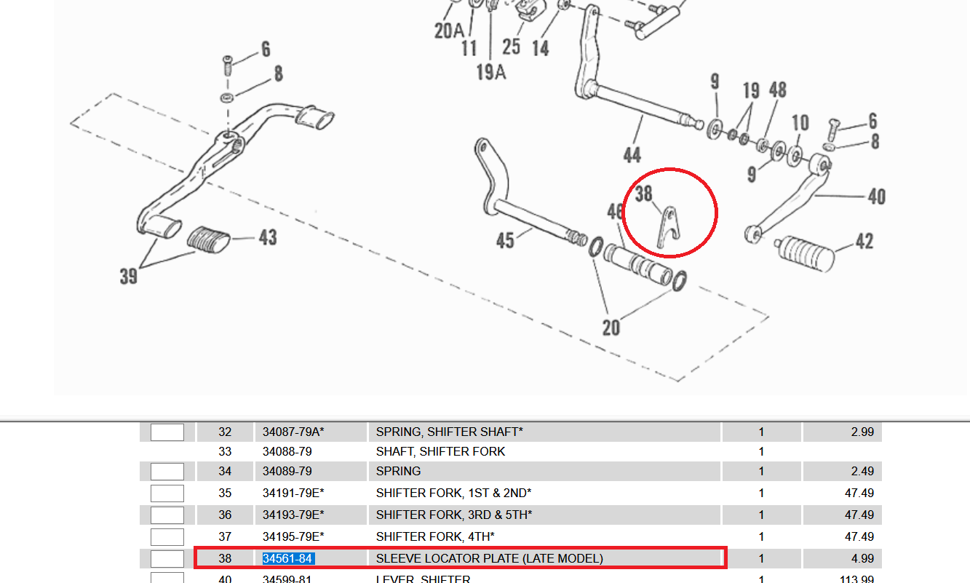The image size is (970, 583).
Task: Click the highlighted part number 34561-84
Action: (288, 559)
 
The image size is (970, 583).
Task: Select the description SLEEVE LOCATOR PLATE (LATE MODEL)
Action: (489, 559)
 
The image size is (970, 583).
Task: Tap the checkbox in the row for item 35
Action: (167, 493)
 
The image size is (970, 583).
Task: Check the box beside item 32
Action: (167, 432)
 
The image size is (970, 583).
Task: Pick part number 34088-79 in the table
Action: (287, 452)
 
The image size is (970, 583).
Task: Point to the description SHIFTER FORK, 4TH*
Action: (435, 537)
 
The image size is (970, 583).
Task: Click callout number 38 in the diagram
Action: (643, 194)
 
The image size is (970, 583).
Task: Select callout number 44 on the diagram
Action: (632, 155)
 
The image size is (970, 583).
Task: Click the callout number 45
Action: (505, 239)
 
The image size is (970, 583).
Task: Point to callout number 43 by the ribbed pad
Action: (268, 237)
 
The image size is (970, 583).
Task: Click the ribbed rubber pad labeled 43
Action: (209, 239)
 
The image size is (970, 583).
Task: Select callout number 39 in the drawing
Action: (129, 277)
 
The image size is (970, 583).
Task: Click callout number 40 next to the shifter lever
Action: (876, 197)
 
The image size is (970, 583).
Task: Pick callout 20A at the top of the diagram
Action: (449, 31)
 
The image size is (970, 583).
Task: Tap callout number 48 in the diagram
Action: (777, 90)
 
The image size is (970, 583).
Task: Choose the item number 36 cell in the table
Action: (225, 515)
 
